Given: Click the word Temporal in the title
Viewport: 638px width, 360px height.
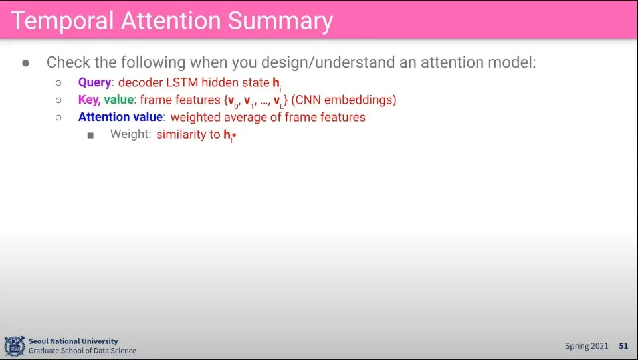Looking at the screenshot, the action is [x=62, y=21].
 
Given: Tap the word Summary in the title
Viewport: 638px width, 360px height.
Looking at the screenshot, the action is [x=280, y=21].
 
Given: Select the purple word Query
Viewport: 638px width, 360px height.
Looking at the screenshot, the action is [x=94, y=82].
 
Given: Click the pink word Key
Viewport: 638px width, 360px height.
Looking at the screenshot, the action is [x=89, y=100].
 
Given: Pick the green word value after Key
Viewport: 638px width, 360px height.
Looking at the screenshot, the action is [x=119, y=100].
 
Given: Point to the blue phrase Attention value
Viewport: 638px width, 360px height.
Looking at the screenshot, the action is [x=120, y=117].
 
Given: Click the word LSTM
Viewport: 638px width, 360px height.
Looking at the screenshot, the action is [x=182, y=82].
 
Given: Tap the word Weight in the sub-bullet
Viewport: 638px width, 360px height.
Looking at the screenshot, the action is [x=130, y=134].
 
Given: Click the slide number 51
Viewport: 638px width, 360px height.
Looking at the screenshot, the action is [x=623, y=346].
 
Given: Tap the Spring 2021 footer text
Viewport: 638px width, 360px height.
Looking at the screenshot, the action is [x=586, y=346].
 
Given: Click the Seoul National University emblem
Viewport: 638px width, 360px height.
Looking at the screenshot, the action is [x=15, y=346].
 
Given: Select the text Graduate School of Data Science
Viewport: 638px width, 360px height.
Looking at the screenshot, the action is [x=82, y=351].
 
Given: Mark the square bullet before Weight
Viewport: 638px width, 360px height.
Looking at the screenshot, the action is [x=90, y=135].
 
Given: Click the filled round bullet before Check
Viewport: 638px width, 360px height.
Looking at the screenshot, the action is [x=26, y=63].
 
